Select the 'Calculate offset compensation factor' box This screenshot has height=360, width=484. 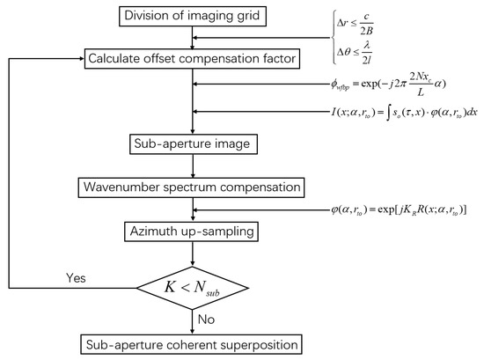(189, 59)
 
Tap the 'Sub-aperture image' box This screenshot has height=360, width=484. (189, 145)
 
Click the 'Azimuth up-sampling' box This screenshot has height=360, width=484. (189, 231)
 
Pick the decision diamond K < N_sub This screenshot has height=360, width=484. (189, 287)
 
